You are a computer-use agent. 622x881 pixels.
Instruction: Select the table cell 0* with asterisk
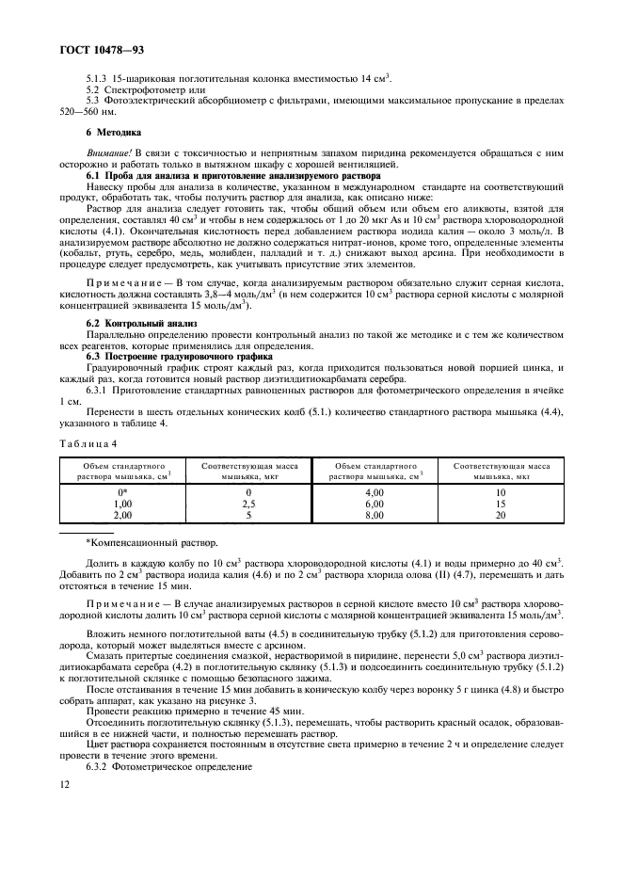(x=122, y=492)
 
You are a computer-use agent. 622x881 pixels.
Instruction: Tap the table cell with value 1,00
(x=122, y=504)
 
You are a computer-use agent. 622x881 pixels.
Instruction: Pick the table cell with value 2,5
(x=248, y=504)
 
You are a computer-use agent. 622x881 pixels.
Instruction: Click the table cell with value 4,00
(x=375, y=492)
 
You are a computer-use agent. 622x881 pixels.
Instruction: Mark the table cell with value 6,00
(x=375, y=504)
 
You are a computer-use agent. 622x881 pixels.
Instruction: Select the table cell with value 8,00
(x=375, y=515)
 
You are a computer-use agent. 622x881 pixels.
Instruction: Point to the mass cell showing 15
(x=501, y=504)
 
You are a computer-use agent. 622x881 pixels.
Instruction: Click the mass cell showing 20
(x=501, y=515)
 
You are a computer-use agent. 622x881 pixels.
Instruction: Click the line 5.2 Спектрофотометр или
(x=145, y=88)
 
